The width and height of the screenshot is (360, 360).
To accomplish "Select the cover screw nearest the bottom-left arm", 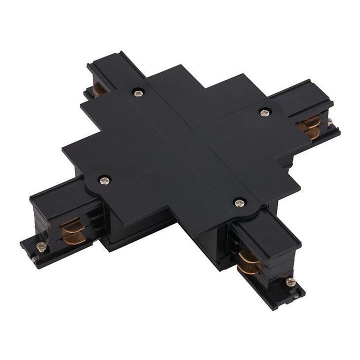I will pos(104,178).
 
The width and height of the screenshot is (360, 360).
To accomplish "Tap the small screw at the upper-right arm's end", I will pos(330,121).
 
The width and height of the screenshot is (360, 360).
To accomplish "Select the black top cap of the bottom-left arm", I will pos(55,200).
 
